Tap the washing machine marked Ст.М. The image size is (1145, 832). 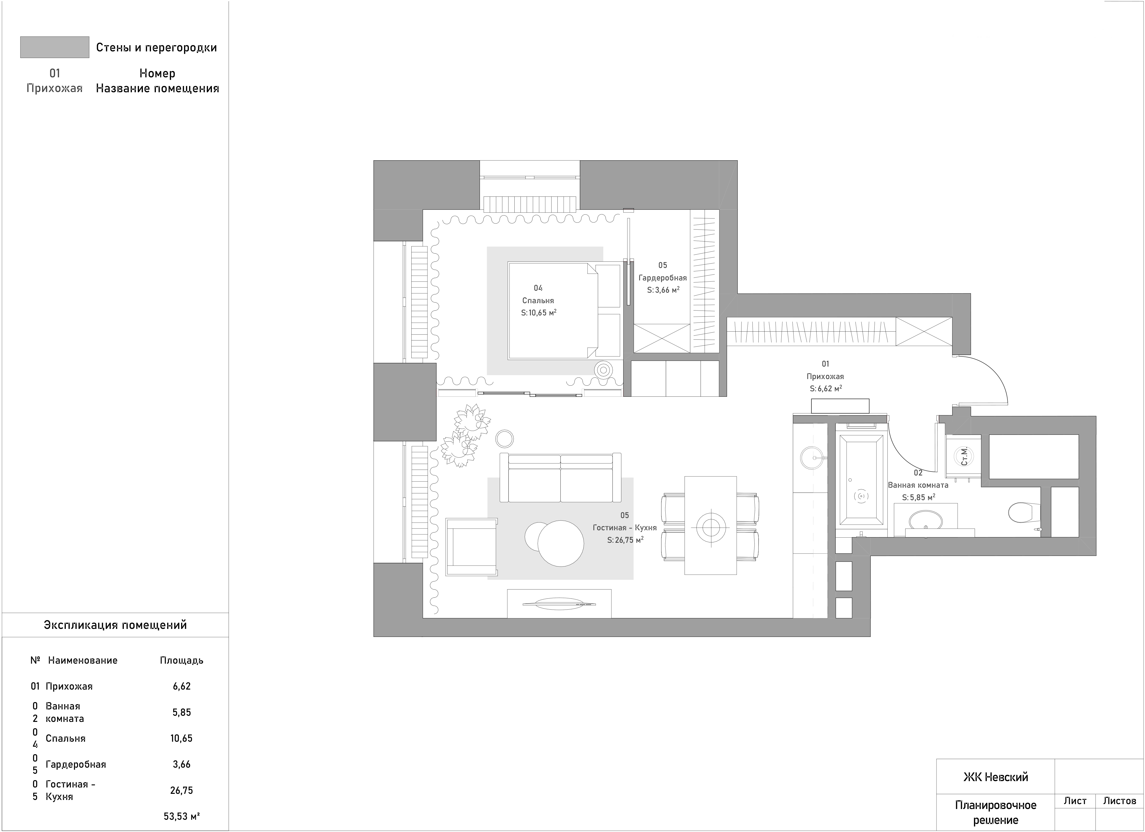tap(963, 456)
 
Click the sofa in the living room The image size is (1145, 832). tap(560, 478)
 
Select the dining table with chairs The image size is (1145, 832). tap(710, 526)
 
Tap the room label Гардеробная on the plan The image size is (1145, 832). tap(662, 278)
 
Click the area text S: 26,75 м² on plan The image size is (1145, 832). tap(625, 540)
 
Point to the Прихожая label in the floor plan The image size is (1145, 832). tap(825, 376)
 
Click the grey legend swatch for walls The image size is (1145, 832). tap(55, 47)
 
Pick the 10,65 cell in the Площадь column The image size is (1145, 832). tap(181, 738)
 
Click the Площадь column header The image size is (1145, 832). tap(182, 660)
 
